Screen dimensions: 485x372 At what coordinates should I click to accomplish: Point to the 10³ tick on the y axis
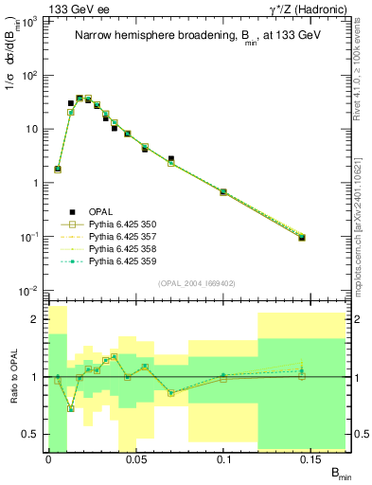(x=32, y=21)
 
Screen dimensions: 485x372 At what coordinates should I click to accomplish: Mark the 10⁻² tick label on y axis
(x=32, y=290)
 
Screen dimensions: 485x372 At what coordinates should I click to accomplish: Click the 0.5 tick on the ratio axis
(x=36, y=435)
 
